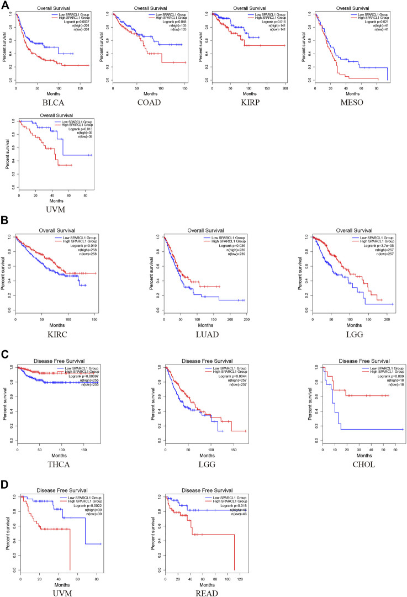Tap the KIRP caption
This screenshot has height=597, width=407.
point(249,103)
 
